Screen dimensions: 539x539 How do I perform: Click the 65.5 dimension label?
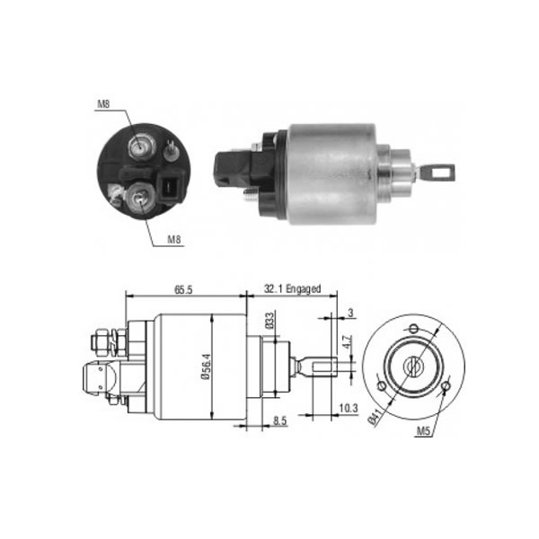pos(183,290)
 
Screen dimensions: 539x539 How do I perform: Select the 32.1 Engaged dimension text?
pos(292,288)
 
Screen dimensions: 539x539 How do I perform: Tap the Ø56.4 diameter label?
pos(206,367)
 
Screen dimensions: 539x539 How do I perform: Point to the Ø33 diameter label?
pos(270,321)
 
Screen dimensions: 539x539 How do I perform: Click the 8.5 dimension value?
pos(279,420)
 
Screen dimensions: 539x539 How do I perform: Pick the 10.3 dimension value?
pos(349,408)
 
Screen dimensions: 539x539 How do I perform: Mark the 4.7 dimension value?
pos(348,341)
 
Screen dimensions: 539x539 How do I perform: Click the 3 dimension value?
pos(350,313)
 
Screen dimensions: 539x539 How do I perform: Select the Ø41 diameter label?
pos(375,417)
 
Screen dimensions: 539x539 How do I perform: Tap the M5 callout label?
pos(423,430)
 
